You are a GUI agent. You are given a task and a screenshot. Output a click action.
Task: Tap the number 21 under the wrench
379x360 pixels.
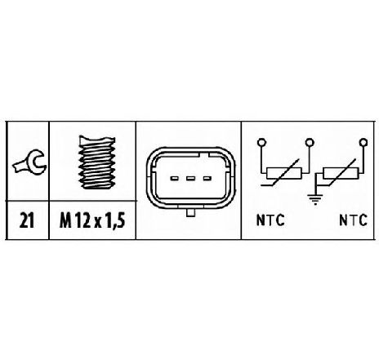coord(27,220)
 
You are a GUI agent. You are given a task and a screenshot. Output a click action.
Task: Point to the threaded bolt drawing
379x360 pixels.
coord(96,162)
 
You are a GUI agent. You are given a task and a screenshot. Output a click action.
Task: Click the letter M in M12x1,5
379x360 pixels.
coord(65,220)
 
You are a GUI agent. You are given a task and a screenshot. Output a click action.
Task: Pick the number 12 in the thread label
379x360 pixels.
coord(82,220)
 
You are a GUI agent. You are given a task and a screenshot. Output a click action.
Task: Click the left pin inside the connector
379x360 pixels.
coord(174,179)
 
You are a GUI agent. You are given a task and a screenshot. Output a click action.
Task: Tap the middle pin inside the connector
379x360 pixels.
coord(190,179)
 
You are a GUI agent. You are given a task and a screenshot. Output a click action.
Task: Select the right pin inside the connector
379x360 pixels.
coord(207,179)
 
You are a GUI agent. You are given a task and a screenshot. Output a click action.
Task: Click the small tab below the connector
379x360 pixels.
coord(191,213)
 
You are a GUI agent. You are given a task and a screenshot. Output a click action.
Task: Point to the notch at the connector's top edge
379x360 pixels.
coord(204,155)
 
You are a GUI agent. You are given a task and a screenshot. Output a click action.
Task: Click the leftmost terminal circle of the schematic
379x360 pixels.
coord(261,142)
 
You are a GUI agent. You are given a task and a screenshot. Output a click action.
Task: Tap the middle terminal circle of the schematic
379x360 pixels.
coord(310,142)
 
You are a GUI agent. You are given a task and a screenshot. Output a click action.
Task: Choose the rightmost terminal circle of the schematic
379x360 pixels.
coord(363,142)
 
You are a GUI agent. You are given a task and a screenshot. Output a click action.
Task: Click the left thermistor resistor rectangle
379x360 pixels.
coord(284,173)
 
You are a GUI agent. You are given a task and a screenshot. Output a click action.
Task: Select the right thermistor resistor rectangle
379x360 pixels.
coord(341,173)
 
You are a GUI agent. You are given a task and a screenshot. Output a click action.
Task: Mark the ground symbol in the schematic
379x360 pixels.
coord(315,199)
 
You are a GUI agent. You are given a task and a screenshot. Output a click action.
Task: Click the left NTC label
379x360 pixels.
coord(270,220)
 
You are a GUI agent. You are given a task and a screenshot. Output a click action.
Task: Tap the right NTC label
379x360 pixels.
coord(353,220)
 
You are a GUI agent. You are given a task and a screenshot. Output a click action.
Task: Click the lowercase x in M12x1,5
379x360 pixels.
coord(98,223)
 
